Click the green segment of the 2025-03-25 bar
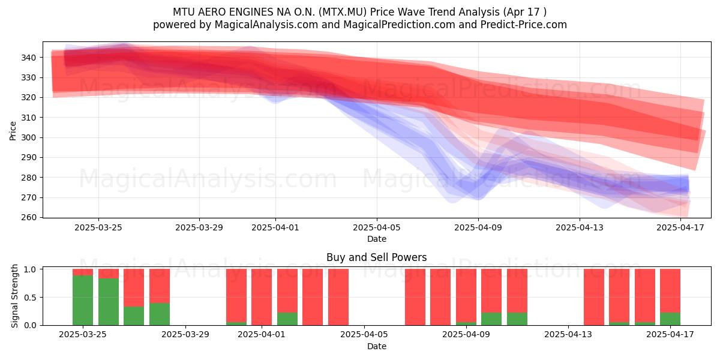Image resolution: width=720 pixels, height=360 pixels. pyautogui.click(x=83, y=300)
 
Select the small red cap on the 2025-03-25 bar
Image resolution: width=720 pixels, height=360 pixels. pyautogui.click(x=83, y=272)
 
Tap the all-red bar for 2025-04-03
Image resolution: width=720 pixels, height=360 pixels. pyautogui.click(x=313, y=297)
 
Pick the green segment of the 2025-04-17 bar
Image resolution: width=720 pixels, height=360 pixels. pyautogui.click(x=670, y=319)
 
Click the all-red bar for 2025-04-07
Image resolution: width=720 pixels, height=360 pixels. pyautogui.click(x=415, y=297)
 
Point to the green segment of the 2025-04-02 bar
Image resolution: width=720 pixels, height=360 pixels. pyautogui.click(x=287, y=319)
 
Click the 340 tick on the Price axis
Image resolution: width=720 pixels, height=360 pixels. pyautogui.click(x=41, y=58)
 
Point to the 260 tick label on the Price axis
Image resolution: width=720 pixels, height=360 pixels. pyautogui.click(x=29, y=218)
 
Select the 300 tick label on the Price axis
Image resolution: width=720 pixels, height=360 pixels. pyautogui.click(x=29, y=137)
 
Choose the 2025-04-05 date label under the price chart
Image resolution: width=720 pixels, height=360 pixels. pyautogui.click(x=377, y=227)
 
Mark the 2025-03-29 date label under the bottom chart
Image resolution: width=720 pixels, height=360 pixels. pyautogui.click(x=185, y=335)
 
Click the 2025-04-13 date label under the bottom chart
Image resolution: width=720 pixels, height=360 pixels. pyautogui.click(x=568, y=335)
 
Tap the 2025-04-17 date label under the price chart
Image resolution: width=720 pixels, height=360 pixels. pyautogui.click(x=680, y=227)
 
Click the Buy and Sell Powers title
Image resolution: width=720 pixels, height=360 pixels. pyautogui.click(x=377, y=257)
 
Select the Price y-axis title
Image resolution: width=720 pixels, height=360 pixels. pyautogui.click(x=13, y=131)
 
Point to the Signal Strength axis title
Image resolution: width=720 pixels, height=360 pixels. pyautogui.click(x=14, y=296)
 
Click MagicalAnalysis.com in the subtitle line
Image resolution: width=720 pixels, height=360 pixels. pyautogui.click(x=266, y=25)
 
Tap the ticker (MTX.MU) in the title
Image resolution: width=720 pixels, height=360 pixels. pyautogui.click(x=343, y=12)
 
